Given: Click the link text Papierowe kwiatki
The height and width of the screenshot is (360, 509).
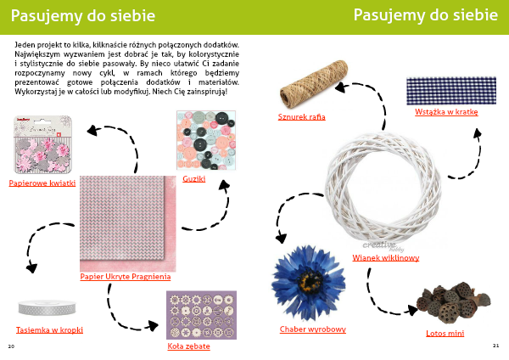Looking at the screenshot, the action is (42, 183).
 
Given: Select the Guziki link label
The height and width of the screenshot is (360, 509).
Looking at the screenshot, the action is (194, 178).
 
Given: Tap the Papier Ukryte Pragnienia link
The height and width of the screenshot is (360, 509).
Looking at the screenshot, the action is (126, 277).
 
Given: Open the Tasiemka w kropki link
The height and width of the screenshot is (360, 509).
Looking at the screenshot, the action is (50, 330).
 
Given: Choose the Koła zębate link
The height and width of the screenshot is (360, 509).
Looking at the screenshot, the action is (188, 346).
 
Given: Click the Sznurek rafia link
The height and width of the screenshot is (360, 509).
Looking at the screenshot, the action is (301, 117).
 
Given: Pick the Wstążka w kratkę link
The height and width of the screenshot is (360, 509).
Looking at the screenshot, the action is (446, 112).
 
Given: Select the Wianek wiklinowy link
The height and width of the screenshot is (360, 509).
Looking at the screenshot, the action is (386, 258).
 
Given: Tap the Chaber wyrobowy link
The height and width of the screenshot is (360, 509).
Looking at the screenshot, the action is (313, 329).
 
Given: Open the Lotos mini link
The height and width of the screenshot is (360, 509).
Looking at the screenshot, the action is (445, 334).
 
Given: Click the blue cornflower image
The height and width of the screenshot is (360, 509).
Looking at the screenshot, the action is (308, 283).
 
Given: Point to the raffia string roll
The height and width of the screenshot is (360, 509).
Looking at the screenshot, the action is (313, 84).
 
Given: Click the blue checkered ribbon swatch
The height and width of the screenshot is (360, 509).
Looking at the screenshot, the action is (451, 91).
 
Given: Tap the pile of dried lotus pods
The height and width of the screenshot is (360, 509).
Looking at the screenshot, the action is (453, 303).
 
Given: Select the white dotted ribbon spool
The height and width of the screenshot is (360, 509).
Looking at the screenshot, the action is (47, 307).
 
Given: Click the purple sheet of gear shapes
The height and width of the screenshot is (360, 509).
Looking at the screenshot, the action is (201, 315).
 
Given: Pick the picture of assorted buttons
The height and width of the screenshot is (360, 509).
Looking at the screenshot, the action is (206, 140).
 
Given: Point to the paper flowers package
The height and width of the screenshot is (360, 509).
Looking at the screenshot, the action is (42, 144).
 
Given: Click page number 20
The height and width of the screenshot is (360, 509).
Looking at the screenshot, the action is (11, 346).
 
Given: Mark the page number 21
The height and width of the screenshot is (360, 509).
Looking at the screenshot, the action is (495, 346).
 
